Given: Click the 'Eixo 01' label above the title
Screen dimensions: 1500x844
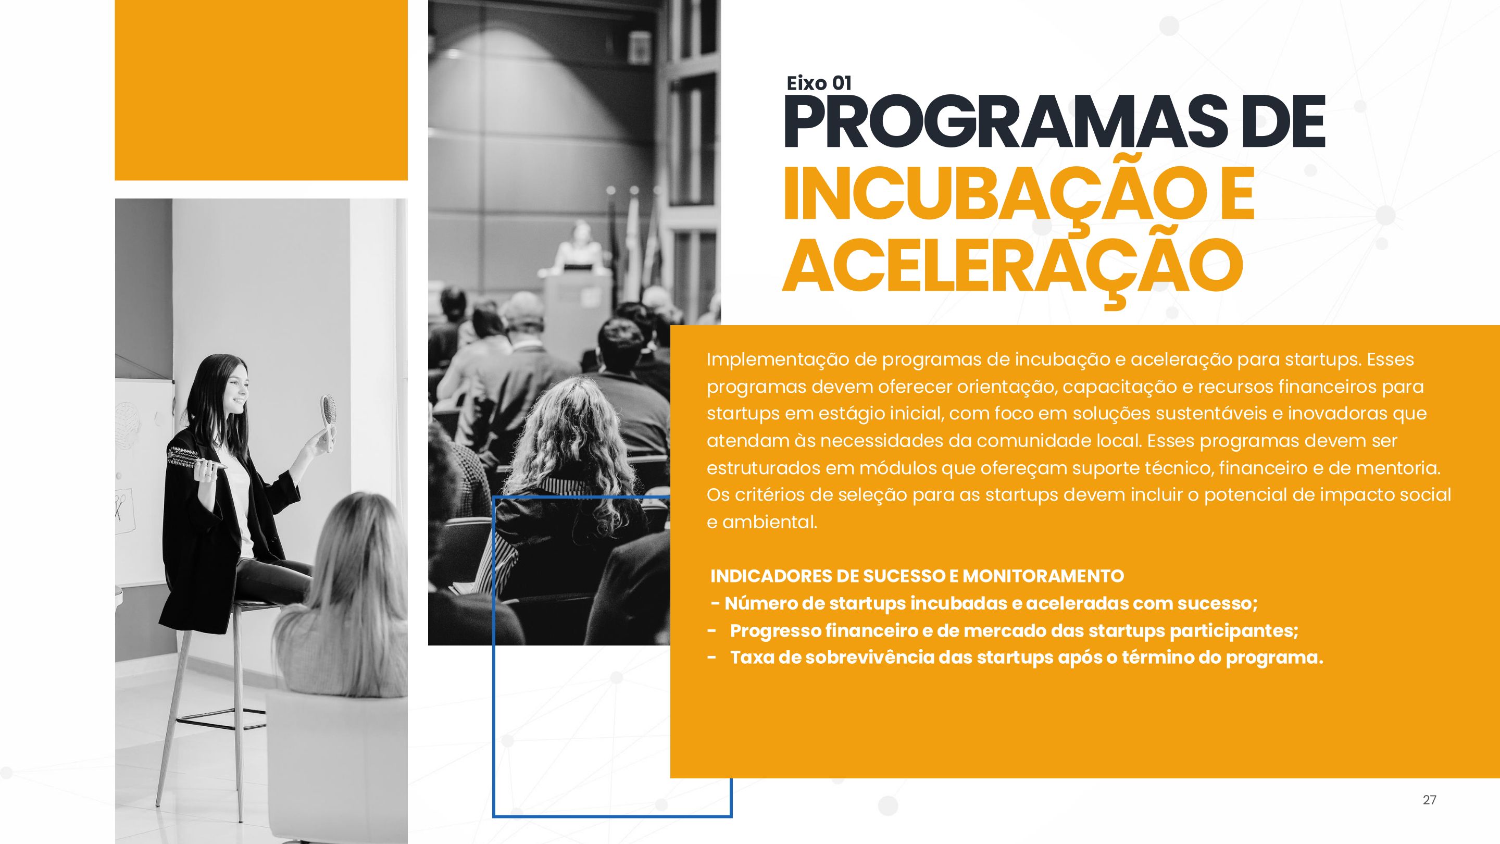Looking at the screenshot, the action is click(x=819, y=83).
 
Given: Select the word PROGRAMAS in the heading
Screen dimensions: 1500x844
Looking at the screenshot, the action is click(x=1005, y=124).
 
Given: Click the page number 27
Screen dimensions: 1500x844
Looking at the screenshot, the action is click(x=1430, y=800).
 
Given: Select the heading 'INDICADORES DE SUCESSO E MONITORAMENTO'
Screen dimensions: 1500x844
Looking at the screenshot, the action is click(x=917, y=576).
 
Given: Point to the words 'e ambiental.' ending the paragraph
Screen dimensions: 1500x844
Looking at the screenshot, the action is click(x=762, y=522).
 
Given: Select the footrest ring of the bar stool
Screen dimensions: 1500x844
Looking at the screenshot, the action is click(x=221, y=719).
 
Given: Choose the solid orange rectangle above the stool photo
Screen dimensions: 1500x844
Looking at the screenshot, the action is click(x=261, y=90).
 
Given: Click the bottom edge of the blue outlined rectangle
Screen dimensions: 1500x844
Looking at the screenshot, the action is click(x=612, y=816).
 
